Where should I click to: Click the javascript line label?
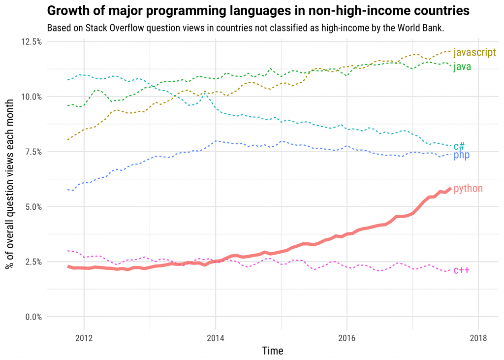point(474,52)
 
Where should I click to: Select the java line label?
point(462,66)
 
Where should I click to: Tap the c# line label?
point(459,146)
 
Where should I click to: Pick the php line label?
point(461,156)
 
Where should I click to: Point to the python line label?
point(468,188)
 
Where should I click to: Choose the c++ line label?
point(461,270)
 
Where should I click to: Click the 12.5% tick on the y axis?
point(31,42)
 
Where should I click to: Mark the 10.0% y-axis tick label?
point(31,97)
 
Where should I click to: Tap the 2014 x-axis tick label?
point(215,338)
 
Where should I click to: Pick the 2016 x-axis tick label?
point(347,338)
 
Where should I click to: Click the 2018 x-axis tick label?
point(478,338)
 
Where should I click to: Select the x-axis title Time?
point(273,351)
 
